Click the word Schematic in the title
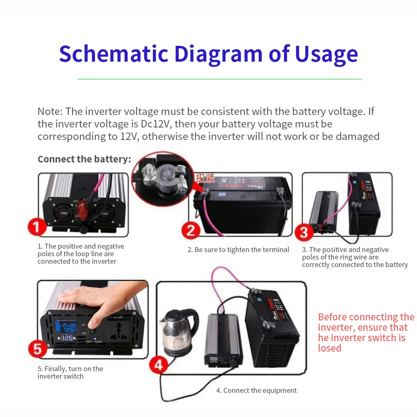[x=113, y=54]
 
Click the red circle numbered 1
[x=37, y=227]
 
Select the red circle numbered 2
[x=191, y=230]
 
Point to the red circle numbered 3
[x=304, y=232]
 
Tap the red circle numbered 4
[x=158, y=365]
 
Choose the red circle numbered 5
[x=37, y=349]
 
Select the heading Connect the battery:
[x=84, y=159]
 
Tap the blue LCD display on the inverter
[x=67, y=325]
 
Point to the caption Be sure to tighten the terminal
[x=238, y=250]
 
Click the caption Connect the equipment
[x=256, y=390]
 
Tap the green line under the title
[x=220, y=79]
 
